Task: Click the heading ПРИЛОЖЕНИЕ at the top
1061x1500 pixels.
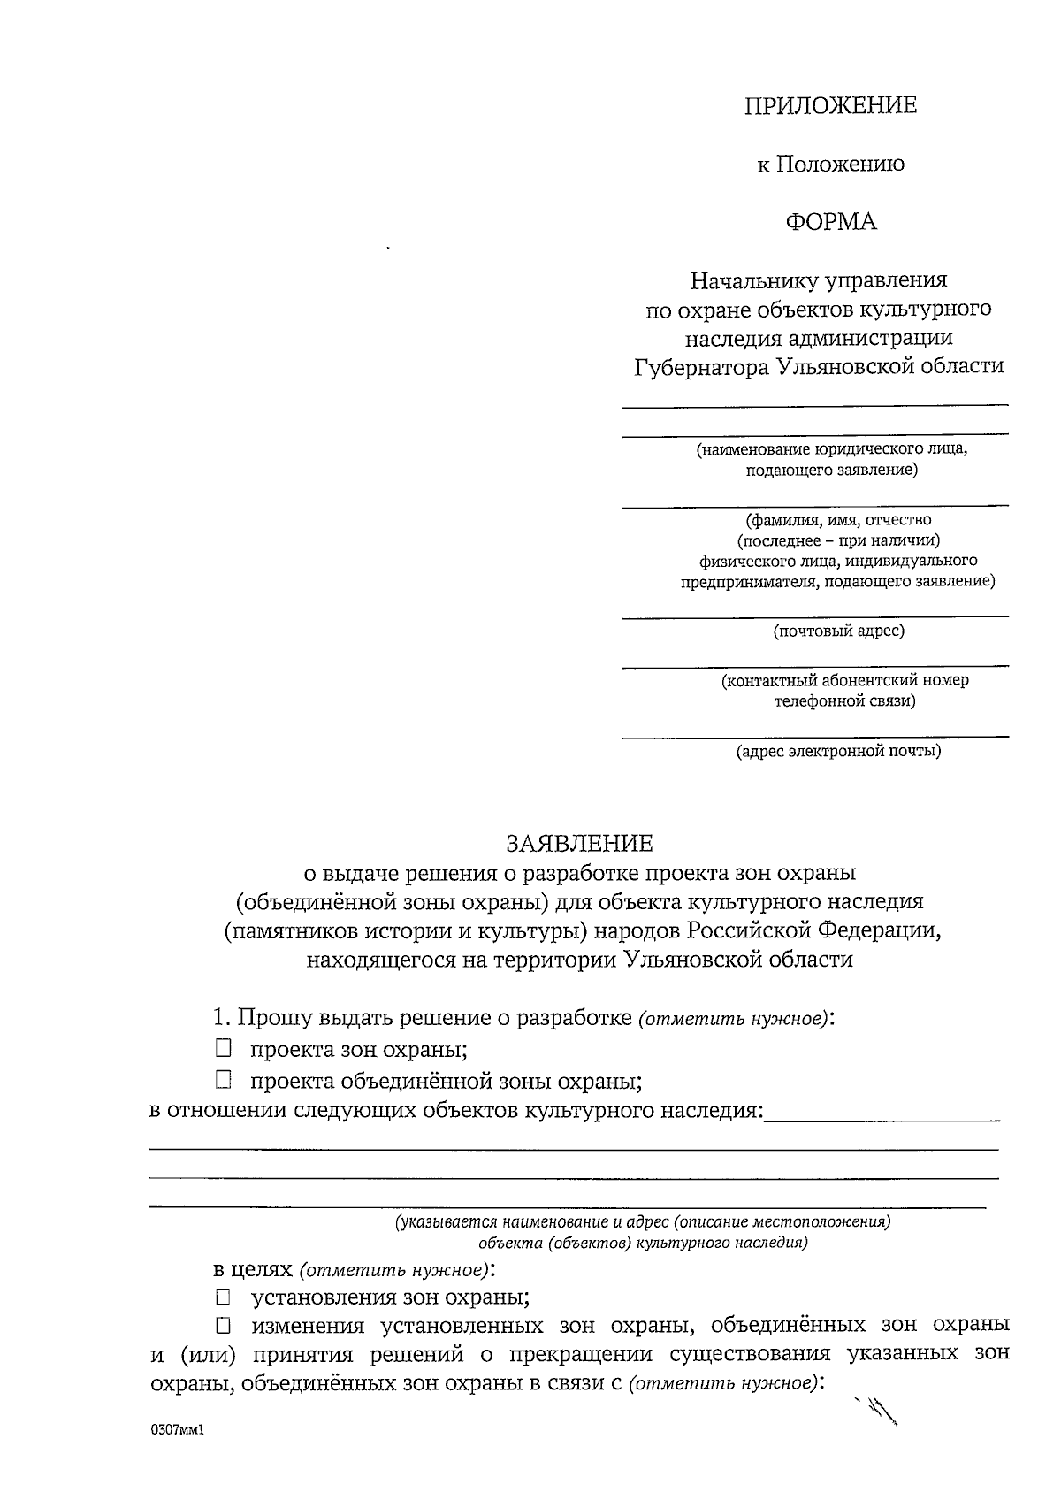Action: (x=830, y=106)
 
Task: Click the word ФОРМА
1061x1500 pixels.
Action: (x=830, y=222)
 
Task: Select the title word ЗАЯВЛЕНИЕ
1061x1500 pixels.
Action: (x=579, y=843)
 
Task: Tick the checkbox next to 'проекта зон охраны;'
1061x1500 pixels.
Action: (x=223, y=1049)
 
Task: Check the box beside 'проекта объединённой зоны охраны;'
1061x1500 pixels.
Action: (x=223, y=1080)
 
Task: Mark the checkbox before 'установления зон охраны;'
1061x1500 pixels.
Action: (x=223, y=1297)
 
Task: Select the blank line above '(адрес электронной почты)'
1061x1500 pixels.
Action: (x=814, y=735)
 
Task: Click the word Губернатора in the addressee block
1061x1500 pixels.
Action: (x=701, y=366)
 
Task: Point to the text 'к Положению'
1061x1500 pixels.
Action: (x=830, y=165)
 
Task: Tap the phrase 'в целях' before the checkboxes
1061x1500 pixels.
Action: (x=252, y=1269)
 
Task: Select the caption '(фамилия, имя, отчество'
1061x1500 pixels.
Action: (x=838, y=520)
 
